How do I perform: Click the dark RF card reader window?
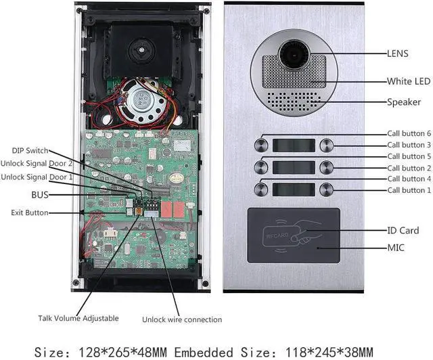294,235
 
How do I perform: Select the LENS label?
398,52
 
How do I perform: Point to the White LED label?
408,81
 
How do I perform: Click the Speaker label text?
403,103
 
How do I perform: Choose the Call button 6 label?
409,133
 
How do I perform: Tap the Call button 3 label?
409,145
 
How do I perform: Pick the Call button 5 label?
409,156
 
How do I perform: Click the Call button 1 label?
409,190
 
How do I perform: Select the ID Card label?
403,230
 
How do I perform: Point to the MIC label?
396,248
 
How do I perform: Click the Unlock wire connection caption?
182,319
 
